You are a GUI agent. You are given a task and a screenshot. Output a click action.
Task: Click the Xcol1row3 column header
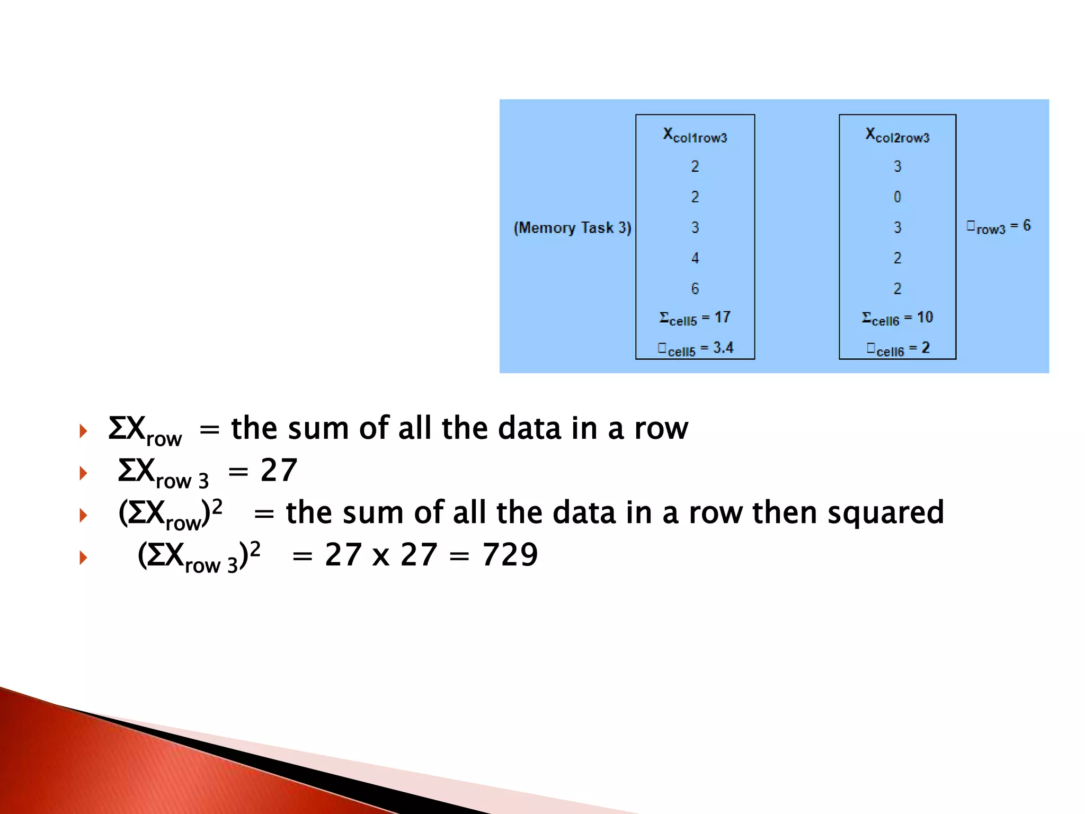click(695, 136)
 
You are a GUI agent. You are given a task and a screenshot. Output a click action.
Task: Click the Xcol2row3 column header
click(897, 136)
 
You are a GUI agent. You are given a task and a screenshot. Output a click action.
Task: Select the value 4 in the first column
click(695, 258)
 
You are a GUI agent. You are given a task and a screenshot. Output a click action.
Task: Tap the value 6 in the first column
click(695, 288)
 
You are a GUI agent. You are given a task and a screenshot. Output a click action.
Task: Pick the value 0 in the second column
click(897, 197)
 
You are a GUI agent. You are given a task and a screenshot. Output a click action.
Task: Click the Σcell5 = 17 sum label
click(695, 318)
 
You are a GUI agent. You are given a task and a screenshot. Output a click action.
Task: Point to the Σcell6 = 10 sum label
click(897, 318)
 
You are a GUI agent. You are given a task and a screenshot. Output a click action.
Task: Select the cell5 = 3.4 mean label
click(695, 349)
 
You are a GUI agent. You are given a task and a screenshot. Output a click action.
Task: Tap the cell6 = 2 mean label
click(898, 349)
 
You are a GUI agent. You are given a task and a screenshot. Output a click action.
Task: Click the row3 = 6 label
click(998, 227)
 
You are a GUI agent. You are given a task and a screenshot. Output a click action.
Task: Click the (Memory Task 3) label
click(572, 228)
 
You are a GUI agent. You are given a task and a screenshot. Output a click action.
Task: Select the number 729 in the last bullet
click(510, 555)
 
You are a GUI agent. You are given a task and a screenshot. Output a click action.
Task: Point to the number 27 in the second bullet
click(279, 470)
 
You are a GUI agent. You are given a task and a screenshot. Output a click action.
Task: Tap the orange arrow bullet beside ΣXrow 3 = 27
click(83, 473)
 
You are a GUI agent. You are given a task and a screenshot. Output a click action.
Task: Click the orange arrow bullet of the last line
click(83, 558)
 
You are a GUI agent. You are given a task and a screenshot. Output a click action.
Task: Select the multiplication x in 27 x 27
click(381, 556)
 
